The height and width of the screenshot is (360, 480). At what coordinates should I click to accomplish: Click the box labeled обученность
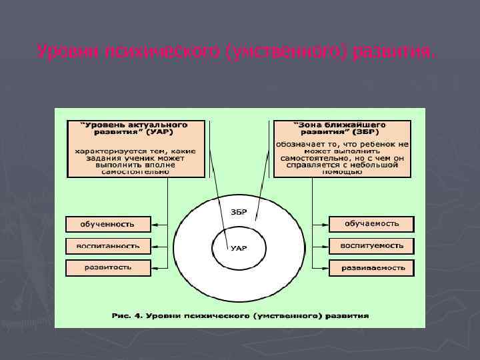[107, 224]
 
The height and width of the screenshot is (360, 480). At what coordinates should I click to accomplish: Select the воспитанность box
[107, 246]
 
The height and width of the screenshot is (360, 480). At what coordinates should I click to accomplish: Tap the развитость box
[107, 267]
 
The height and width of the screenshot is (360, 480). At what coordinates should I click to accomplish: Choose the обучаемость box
[371, 223]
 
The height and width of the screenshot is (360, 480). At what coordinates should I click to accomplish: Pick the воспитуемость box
[371, 245]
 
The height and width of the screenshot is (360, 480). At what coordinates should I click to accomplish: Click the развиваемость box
[371, 268]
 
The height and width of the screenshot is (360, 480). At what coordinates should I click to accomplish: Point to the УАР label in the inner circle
[239, 248]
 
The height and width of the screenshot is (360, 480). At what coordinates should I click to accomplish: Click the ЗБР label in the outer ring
[239, 212]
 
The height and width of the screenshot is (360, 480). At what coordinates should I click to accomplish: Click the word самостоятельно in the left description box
[135, 171]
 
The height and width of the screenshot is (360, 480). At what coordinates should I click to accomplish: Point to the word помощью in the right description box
[341, 171]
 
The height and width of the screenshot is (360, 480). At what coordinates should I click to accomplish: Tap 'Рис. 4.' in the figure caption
[129, 315]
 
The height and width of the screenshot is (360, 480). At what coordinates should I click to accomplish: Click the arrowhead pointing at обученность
[154, 225]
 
